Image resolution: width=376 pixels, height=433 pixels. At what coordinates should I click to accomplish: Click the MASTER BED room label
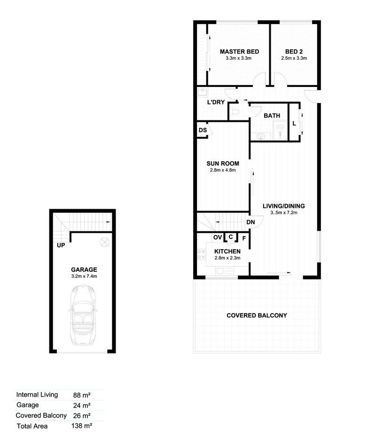(x=239, y=52)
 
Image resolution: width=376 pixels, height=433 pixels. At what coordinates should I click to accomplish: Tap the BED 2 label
(x=294, y=52)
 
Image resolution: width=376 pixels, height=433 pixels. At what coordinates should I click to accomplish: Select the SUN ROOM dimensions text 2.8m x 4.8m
(x=223, y=170)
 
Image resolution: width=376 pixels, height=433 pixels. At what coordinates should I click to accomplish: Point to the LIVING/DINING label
(x=284, y=206)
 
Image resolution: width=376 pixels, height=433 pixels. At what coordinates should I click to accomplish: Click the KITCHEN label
(x=227, y=252)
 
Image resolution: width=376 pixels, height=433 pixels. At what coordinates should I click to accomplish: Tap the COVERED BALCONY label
(x=257, y=315)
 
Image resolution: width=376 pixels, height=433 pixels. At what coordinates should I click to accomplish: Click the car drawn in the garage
(x=83, y=315)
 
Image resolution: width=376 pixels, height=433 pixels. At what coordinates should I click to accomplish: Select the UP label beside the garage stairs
(x=61, y=245)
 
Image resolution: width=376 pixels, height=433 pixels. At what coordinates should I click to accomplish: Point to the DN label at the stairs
(x=251, y=222)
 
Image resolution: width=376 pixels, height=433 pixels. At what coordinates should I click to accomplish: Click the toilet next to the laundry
(x=235, y=112)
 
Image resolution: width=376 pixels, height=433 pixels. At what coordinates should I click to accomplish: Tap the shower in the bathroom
(x=280, y=130)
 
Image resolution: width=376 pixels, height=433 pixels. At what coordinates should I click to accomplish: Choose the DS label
(x=203, y=130)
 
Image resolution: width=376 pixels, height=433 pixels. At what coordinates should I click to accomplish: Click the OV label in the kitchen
(x=218, y=237)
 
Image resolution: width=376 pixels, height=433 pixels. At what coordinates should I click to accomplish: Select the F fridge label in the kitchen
(x=244, y=238)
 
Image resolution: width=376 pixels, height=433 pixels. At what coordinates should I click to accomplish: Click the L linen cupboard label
(x=294, y=124)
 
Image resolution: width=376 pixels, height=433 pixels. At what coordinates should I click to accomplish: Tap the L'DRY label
(x=216, y=102)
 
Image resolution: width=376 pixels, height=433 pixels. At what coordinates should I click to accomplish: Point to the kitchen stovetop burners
(x=201, y=254)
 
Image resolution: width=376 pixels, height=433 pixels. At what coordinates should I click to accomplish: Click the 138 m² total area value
(x=81, y=426)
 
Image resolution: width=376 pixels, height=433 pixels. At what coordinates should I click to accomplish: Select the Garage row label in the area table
(x=28, y=405)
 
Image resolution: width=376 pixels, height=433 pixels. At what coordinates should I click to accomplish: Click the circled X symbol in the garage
(x=105, y=242)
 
